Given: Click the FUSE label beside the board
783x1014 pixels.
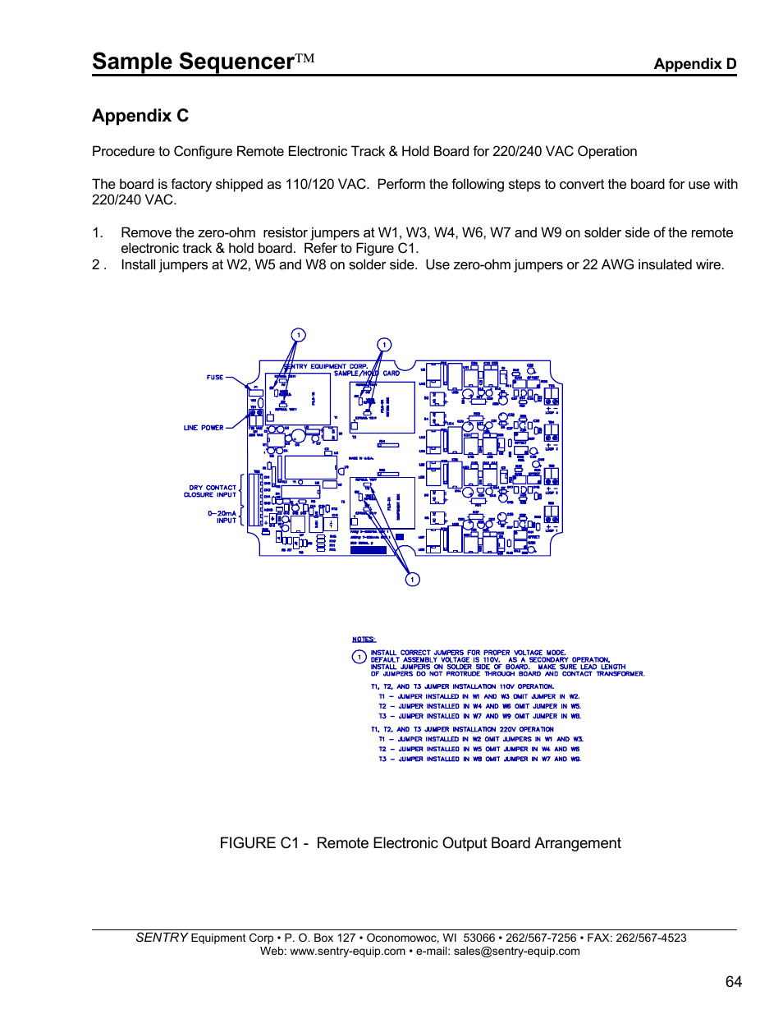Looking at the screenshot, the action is (x=215, y=378).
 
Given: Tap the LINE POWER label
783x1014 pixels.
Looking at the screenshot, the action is (x=204, y=428).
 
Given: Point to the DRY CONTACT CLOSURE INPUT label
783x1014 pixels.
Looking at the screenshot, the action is (x=211, y=491).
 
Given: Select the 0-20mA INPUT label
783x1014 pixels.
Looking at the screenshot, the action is (x=222, y=516).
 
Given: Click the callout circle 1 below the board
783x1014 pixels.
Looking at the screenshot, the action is (x=413, y=580).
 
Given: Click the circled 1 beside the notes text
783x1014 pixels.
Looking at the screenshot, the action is (x=359, y=657).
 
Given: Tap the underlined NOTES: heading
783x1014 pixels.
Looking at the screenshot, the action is (x=364, y=639).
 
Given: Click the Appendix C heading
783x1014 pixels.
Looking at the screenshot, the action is (x=140, y=116).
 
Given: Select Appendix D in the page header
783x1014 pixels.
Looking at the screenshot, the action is (x=694, y=64).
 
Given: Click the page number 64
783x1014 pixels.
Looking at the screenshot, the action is (x=733, y=982).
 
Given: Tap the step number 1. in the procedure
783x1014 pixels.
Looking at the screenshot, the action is (x=98, y=233).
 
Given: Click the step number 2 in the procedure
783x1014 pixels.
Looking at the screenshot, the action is (x=97, y=265).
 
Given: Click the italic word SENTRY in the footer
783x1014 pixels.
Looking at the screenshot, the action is (x=162, y=938).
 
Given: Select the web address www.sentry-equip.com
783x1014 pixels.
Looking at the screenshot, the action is (x=347, y=952).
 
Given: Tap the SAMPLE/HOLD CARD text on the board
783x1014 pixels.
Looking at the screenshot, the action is (x=366, y=374).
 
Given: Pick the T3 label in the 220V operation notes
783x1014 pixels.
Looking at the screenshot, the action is (x=382, y=759).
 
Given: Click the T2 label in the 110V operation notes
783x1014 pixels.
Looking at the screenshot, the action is (x=382, y=706).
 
